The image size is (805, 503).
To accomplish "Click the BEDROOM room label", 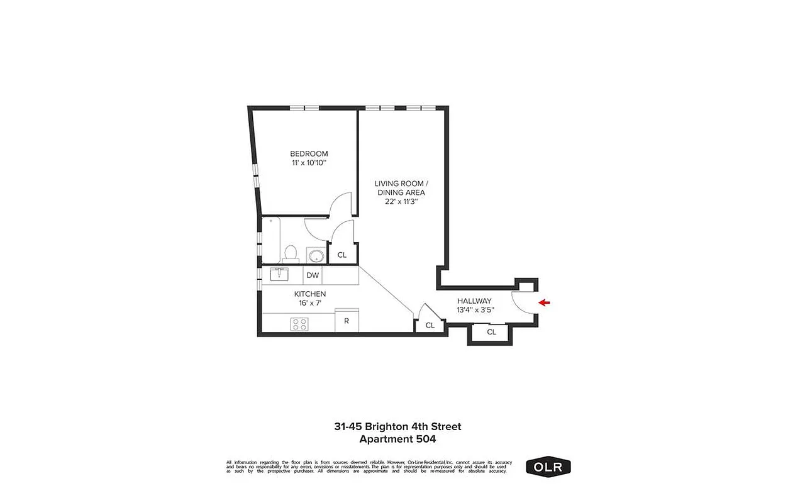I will (309, 153).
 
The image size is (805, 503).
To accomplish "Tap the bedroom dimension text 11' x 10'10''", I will (309, 163).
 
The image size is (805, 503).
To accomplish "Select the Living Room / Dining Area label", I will (401, 187).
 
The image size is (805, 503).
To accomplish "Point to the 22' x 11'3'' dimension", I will (401, 202).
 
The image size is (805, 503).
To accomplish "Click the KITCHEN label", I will (310, 294).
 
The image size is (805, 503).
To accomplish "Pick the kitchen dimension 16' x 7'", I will (310, 303).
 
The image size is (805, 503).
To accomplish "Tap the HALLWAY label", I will (474, 301).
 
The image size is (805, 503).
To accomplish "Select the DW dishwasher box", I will (313, 275).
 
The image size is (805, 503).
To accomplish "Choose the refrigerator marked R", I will (347, 321).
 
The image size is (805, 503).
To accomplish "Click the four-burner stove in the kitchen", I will (299, 324).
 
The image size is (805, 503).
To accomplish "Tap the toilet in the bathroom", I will (290, 253).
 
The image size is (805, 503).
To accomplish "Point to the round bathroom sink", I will (316, 256).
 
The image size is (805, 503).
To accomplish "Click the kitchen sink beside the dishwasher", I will (279, 275).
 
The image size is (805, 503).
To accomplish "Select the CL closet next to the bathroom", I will (342, 255).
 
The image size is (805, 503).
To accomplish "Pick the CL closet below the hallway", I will (492, 332).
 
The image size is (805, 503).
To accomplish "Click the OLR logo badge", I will (548, 467).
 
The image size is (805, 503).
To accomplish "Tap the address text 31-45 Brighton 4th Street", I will (397, 426).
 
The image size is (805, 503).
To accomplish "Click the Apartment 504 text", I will (397, 439).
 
